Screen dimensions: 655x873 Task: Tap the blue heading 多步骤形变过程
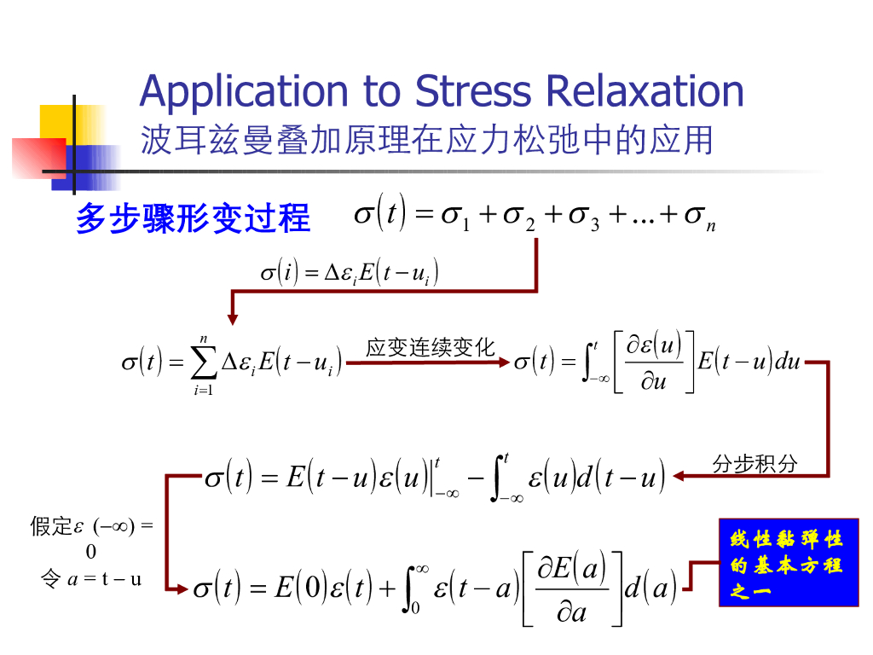pyautogui.click(x=193, y=218)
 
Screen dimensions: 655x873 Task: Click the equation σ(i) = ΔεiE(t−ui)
pyautogui.click(x=350, y=273)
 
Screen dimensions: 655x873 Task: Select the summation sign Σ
pyautogui.click(x=203, y=364)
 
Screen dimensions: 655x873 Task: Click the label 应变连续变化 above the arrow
pyautogui.click(x=430, y=348)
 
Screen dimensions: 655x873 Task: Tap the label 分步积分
pyautogui.click(x=755, y=463)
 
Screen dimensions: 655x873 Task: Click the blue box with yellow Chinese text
pyautogui.click(x=788, y=562)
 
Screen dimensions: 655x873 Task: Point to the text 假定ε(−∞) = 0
pyautogui.click(x=91, y=537)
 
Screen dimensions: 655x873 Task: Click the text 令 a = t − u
pyautogui.click(x=91, y=579)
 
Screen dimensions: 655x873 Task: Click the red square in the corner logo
pyautogui.click(x=38, y=158)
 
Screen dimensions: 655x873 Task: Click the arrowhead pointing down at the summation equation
pyautogui.click(x=232, y=319)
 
